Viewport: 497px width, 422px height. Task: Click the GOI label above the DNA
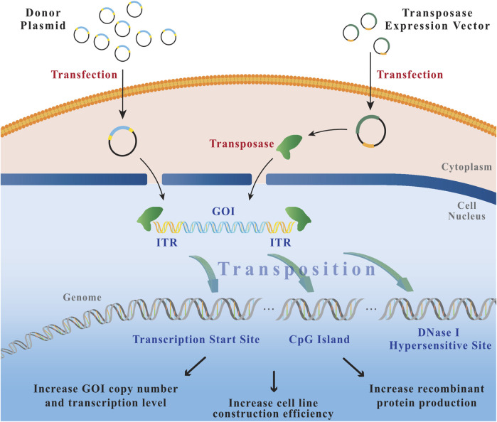coord(219,191)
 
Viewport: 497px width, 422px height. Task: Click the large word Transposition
coord(297,269)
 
